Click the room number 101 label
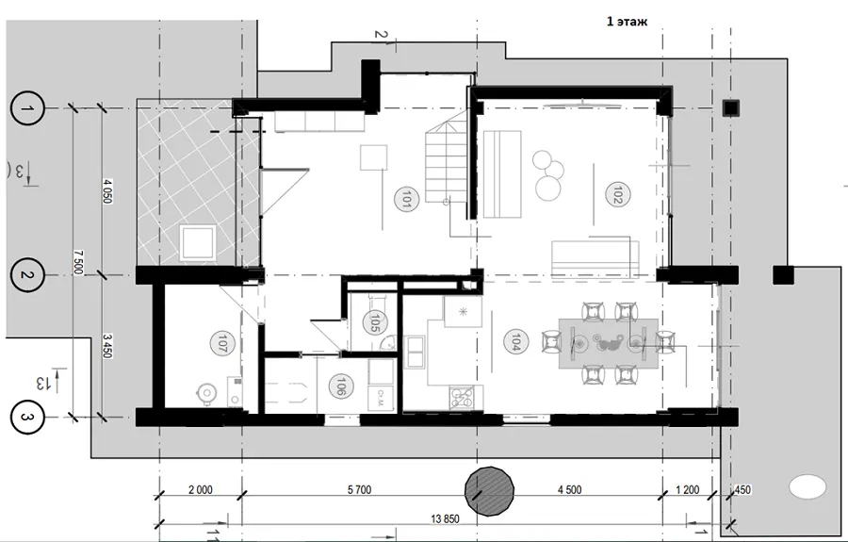tap(407, 198)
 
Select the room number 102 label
tap(615, 195)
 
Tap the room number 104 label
tap(514, 341)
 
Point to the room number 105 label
tap(373, 321)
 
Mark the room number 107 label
tap(220, 343)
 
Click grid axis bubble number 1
tap(26, 108)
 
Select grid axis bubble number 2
tap(26, 275)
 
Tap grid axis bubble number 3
tap(26, 417)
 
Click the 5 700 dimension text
tap(359, 489)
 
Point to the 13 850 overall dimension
tap(445, 518)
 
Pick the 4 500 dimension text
tap(569, 489)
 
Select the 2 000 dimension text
tap(200, 489)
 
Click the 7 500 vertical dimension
tap(78, 262)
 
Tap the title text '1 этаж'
tap(627, 22)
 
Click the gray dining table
tap(609, 344)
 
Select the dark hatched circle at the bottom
tap(489, 490)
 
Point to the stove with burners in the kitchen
tap(462, 398)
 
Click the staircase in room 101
tap(446, 161)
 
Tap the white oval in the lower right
tap(807, 486)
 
